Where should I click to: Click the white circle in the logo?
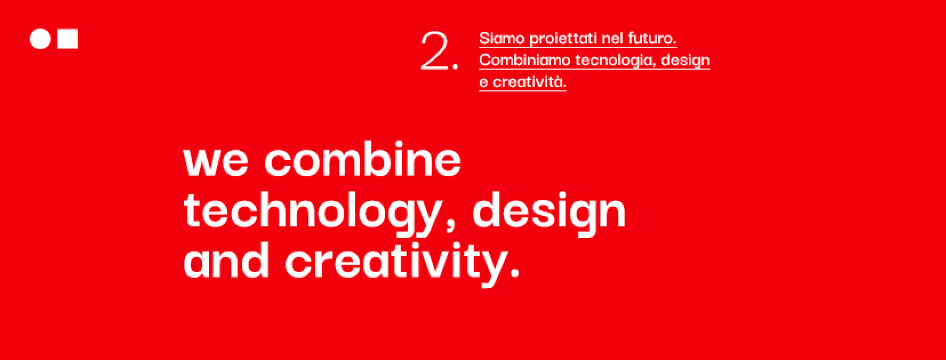tap(40, 39)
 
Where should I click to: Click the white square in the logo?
tap(68, 39)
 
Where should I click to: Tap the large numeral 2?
tap(435, 51)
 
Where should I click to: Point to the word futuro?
tap(652, 38)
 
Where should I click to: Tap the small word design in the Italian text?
tap(685, 61)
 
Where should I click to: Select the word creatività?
tap(529, 82)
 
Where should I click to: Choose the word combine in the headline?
tap(363, 158)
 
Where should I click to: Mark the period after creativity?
tap(515, 272)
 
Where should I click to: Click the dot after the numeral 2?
tap(456, 67)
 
